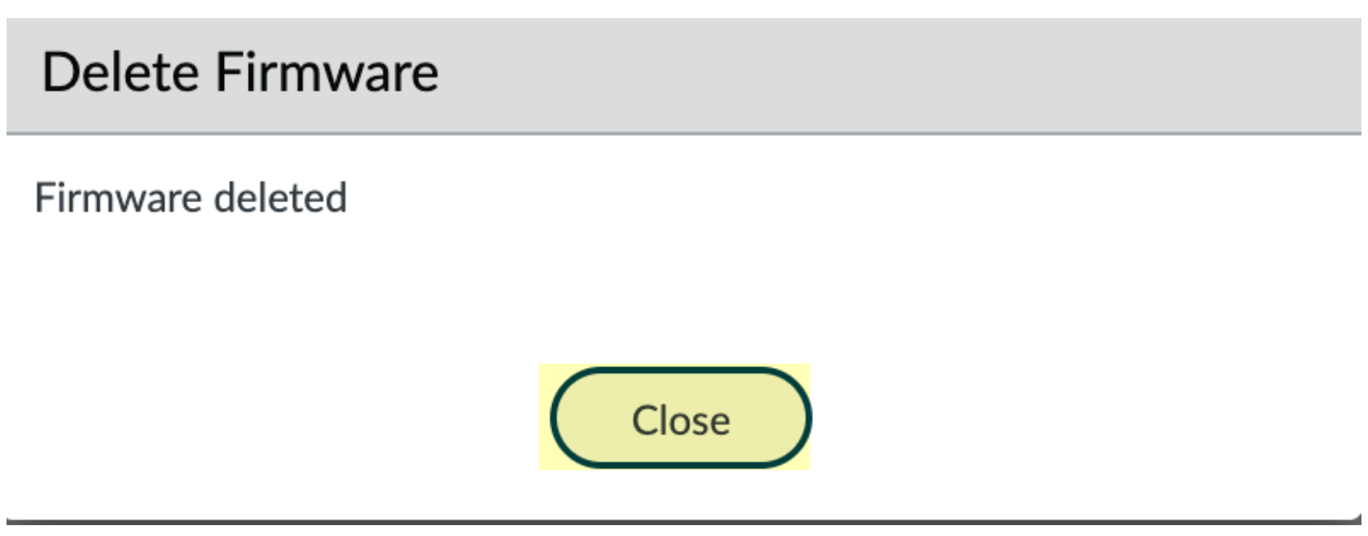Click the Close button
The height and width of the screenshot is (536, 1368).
[680, 419]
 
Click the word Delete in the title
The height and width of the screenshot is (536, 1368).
[120, 72]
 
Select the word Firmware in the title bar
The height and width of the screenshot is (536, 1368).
[327, 72]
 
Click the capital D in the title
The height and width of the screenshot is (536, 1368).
[59, 72]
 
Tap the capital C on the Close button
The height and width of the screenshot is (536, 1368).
[644, 420]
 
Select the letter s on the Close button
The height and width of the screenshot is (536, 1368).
[698, 422]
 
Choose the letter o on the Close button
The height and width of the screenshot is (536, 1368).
[678, 422]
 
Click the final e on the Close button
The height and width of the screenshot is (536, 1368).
[719, 422]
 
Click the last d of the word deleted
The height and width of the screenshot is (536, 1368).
[335, 198]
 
